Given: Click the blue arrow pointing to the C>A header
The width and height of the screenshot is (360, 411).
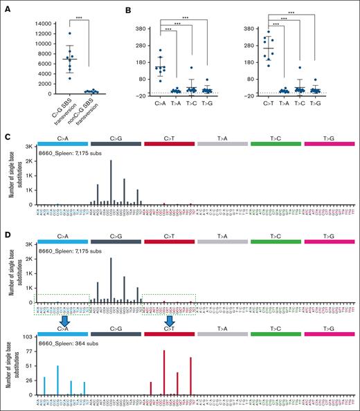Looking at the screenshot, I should (64, 323).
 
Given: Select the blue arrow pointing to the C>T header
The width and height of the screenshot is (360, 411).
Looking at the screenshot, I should (170, 323).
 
